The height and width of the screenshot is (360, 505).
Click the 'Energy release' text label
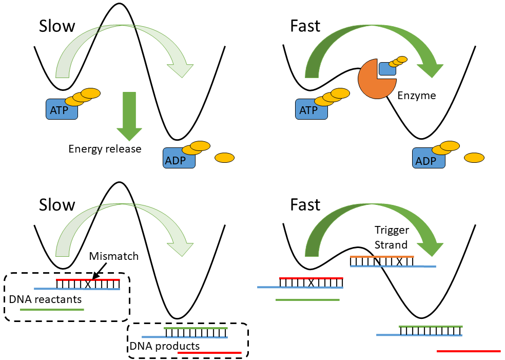coord(105,149)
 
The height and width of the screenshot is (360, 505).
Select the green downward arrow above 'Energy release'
coord(129,116)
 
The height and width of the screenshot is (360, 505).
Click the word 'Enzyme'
coord(417,95)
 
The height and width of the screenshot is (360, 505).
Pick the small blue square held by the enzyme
coord(387,68)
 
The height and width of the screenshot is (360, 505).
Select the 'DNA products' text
coord(164,346)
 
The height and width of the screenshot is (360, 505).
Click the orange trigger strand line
coord(382,256)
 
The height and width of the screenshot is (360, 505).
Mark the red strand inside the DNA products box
coord(209,353)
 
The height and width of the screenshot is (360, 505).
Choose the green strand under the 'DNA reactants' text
coord(51,310)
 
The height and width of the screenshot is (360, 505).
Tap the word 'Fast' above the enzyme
coord(305,26)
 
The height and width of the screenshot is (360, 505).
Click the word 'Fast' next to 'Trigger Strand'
coord(305,205)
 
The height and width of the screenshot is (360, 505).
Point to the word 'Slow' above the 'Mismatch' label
coord(57,205)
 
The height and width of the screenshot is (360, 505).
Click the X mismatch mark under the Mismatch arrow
coord(88,284)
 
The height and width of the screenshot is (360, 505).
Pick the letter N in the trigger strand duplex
coord(377,261)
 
